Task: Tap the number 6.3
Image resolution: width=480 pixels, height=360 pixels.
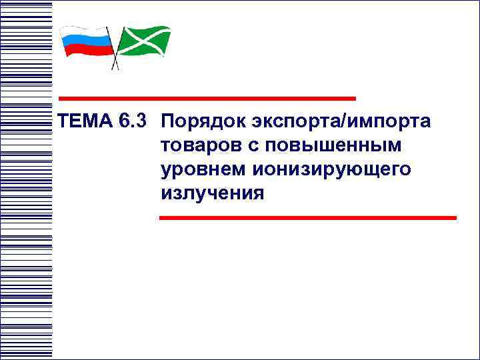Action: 134,123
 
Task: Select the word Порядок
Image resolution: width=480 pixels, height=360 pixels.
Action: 204,123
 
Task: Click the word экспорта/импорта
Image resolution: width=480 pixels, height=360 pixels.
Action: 341,123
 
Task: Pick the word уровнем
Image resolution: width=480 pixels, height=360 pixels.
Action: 203,169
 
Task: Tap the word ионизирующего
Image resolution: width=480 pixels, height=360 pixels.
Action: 332,169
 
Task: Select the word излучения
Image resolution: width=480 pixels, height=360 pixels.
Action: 213,193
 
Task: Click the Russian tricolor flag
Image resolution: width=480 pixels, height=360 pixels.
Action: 87,41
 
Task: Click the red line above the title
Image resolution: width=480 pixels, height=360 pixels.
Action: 207,98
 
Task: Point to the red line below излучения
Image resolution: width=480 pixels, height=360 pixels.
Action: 307,217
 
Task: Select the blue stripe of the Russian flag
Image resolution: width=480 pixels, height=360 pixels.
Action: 87,41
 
